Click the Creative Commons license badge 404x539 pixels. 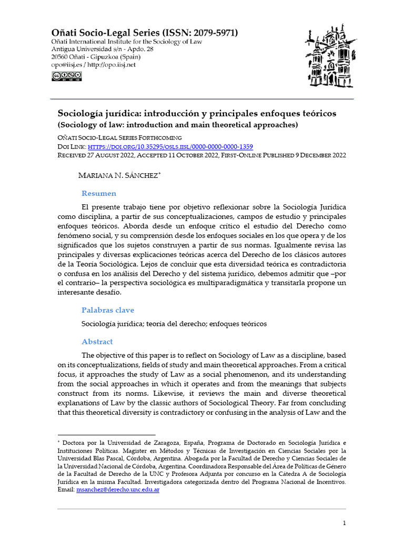(x=66, y=76)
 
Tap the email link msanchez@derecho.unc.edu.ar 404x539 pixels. (x=118, y=490)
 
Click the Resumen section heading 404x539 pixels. (x=99, y=193)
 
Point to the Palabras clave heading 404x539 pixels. (x=107, y=310)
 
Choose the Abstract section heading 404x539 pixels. (x=97, y=342)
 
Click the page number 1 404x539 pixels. (x=344, y=523)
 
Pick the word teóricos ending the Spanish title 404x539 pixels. (x=317, y=114)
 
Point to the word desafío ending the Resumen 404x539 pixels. (x=104, y=292)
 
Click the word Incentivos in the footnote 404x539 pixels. (x=326, y=482)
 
